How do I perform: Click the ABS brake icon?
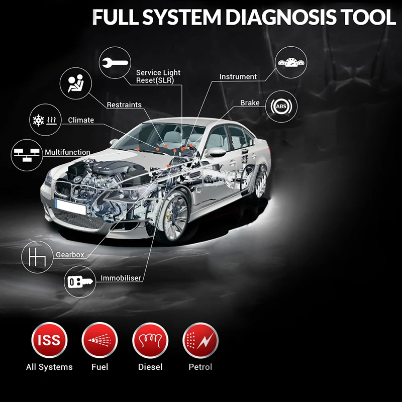281,107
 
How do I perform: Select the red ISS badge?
49,340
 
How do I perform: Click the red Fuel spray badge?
99,340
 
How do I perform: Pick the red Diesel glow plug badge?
150,340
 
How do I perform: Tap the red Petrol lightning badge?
200,340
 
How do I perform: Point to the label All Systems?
49,367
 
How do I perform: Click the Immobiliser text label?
121,278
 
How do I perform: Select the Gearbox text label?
70,255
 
